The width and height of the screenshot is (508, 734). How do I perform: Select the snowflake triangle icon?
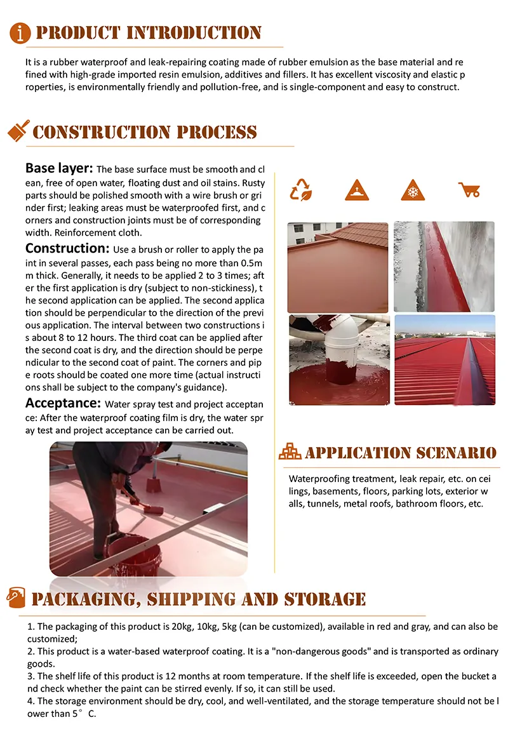click(x=412, y=190)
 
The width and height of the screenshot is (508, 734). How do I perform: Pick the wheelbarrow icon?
click(x=469, y=189)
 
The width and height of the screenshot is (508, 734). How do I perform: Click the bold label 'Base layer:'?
click(x=59, y=169)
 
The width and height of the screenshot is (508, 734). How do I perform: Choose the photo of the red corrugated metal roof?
click(x=444, y=359)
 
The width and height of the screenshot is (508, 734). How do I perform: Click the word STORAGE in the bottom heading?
click(x=324, y=599)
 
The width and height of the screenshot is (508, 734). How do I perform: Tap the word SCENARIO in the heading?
click(x=457, y=453)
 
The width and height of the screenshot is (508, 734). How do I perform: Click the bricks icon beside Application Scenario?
click(x=290, y=452)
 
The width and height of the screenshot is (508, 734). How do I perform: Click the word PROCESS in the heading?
click(x=217, y=132)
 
